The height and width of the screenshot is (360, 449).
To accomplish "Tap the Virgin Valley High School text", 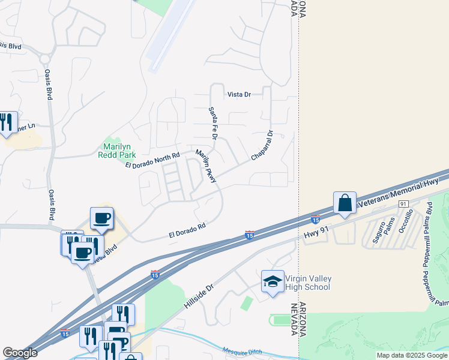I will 307,283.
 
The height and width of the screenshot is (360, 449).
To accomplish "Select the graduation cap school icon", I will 272,281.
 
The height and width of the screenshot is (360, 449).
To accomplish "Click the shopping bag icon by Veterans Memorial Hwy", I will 345,203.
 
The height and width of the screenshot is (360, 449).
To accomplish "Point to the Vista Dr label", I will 238,95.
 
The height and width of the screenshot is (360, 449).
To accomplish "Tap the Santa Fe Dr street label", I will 212,123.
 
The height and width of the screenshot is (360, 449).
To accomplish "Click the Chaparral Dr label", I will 262,146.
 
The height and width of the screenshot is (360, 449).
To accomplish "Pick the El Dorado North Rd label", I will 152,160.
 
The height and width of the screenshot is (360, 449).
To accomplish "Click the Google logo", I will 20,353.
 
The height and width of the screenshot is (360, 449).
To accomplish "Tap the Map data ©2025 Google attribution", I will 411,355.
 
